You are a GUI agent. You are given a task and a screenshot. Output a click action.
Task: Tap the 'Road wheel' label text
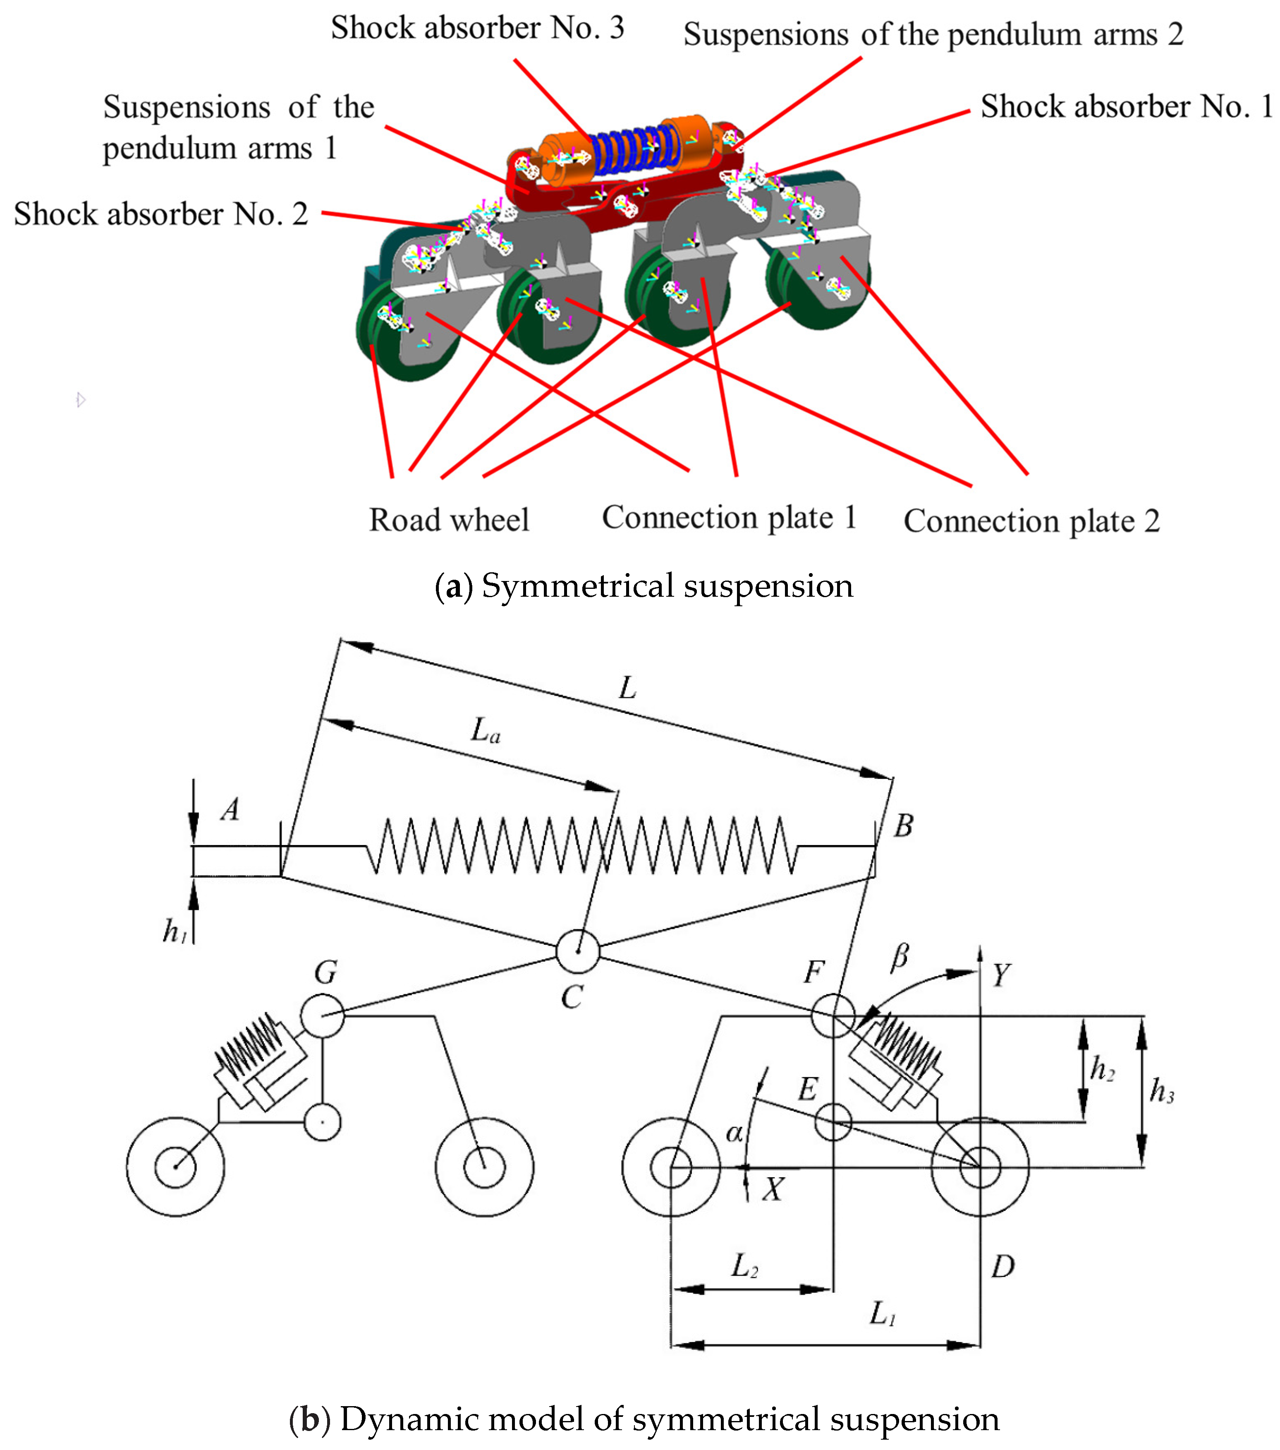point(449,520)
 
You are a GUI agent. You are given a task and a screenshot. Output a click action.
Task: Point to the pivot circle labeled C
point(577,951)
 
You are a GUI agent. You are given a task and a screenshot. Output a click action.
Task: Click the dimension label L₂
point(744,1265)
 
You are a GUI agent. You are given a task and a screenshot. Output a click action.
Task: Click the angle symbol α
point(734,1133)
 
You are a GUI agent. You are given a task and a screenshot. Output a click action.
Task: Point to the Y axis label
point(1000,975)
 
